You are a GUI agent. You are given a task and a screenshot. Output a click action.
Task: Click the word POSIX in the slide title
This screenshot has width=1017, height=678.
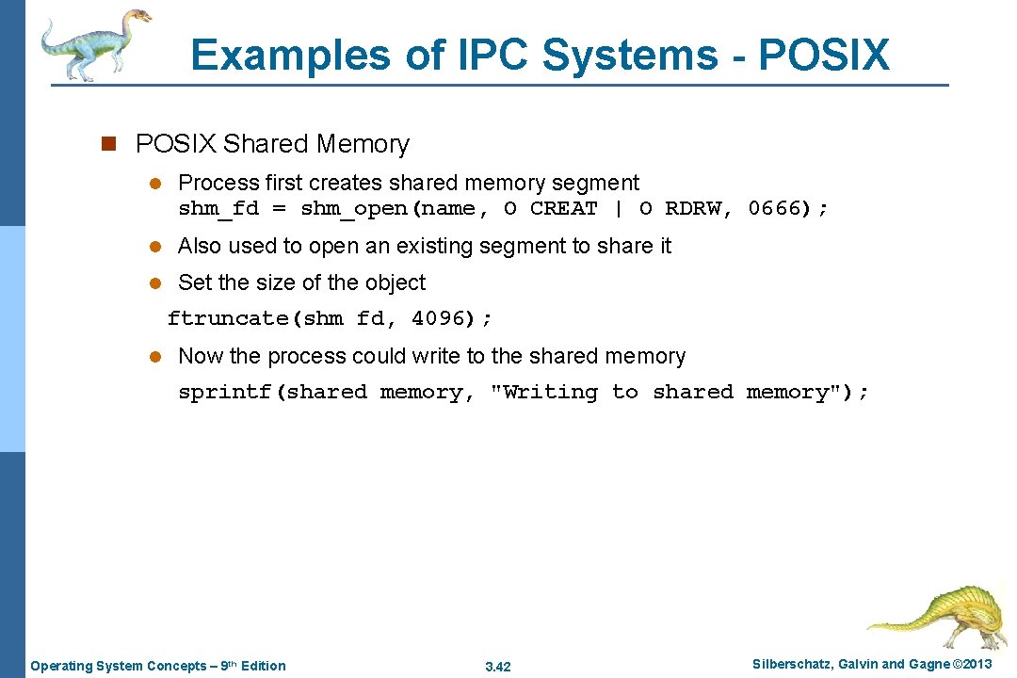823,56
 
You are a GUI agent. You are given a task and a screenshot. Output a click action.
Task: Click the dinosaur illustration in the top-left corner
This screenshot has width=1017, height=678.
94,43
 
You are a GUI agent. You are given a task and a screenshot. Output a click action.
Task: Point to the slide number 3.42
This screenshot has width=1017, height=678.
497,667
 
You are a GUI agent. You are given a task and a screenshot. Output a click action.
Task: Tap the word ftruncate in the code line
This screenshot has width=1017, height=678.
229,318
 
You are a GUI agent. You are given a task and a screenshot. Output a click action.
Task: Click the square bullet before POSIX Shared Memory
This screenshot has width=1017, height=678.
107,144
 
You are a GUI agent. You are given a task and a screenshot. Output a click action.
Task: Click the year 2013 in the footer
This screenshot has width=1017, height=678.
976,665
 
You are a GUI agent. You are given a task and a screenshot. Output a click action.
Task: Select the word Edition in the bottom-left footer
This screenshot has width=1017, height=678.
264,666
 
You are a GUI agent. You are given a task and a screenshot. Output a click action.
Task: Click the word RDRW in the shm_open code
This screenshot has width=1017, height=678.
692,208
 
